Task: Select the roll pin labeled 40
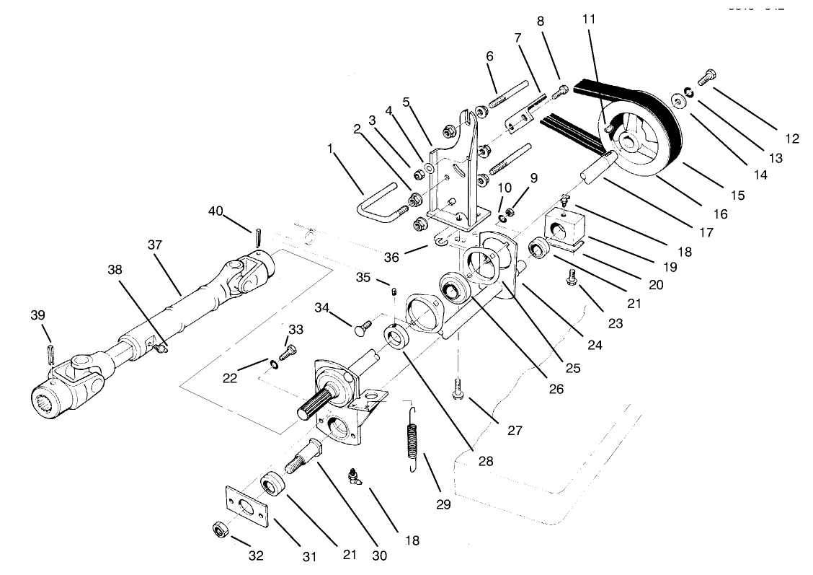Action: [257, 237]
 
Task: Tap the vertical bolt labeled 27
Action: [458, 390]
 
